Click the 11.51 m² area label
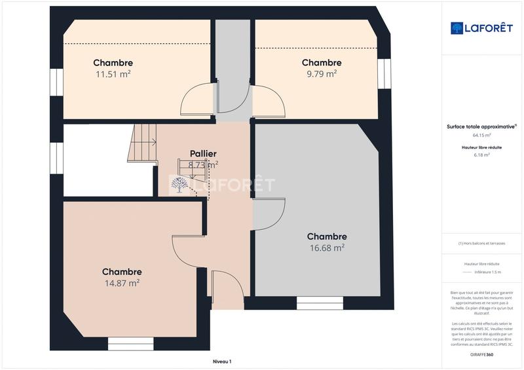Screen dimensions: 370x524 pos(113,74)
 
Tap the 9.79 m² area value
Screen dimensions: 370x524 pos(322,74)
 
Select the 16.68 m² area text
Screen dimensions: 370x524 pos(327,248)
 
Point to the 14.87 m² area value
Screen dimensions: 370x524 pos(122,283)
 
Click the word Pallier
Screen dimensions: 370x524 pos(203,154)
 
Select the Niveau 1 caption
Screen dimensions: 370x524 pos(222,361)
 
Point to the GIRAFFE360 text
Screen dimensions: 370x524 pos(481,354)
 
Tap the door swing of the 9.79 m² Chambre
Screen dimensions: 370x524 pos(269,100)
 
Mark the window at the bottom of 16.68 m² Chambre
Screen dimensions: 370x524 pos(320,303)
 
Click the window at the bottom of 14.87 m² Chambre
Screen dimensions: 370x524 pos(130,343)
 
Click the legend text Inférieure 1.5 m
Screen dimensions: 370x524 pos(487,272)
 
